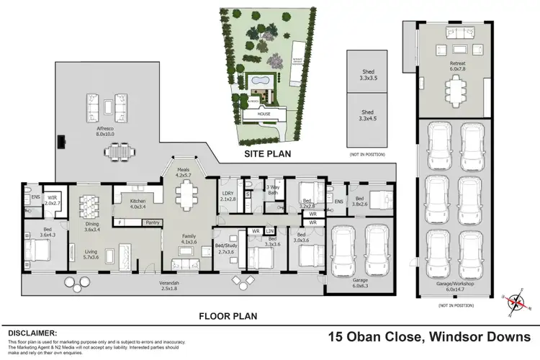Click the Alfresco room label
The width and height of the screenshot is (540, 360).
click(x=105, y=131)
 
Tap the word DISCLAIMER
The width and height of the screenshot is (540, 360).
click(x=32, y=333)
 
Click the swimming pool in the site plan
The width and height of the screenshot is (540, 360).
click(x=261, y=81)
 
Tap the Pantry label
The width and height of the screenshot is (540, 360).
click(x=152, y=222)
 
